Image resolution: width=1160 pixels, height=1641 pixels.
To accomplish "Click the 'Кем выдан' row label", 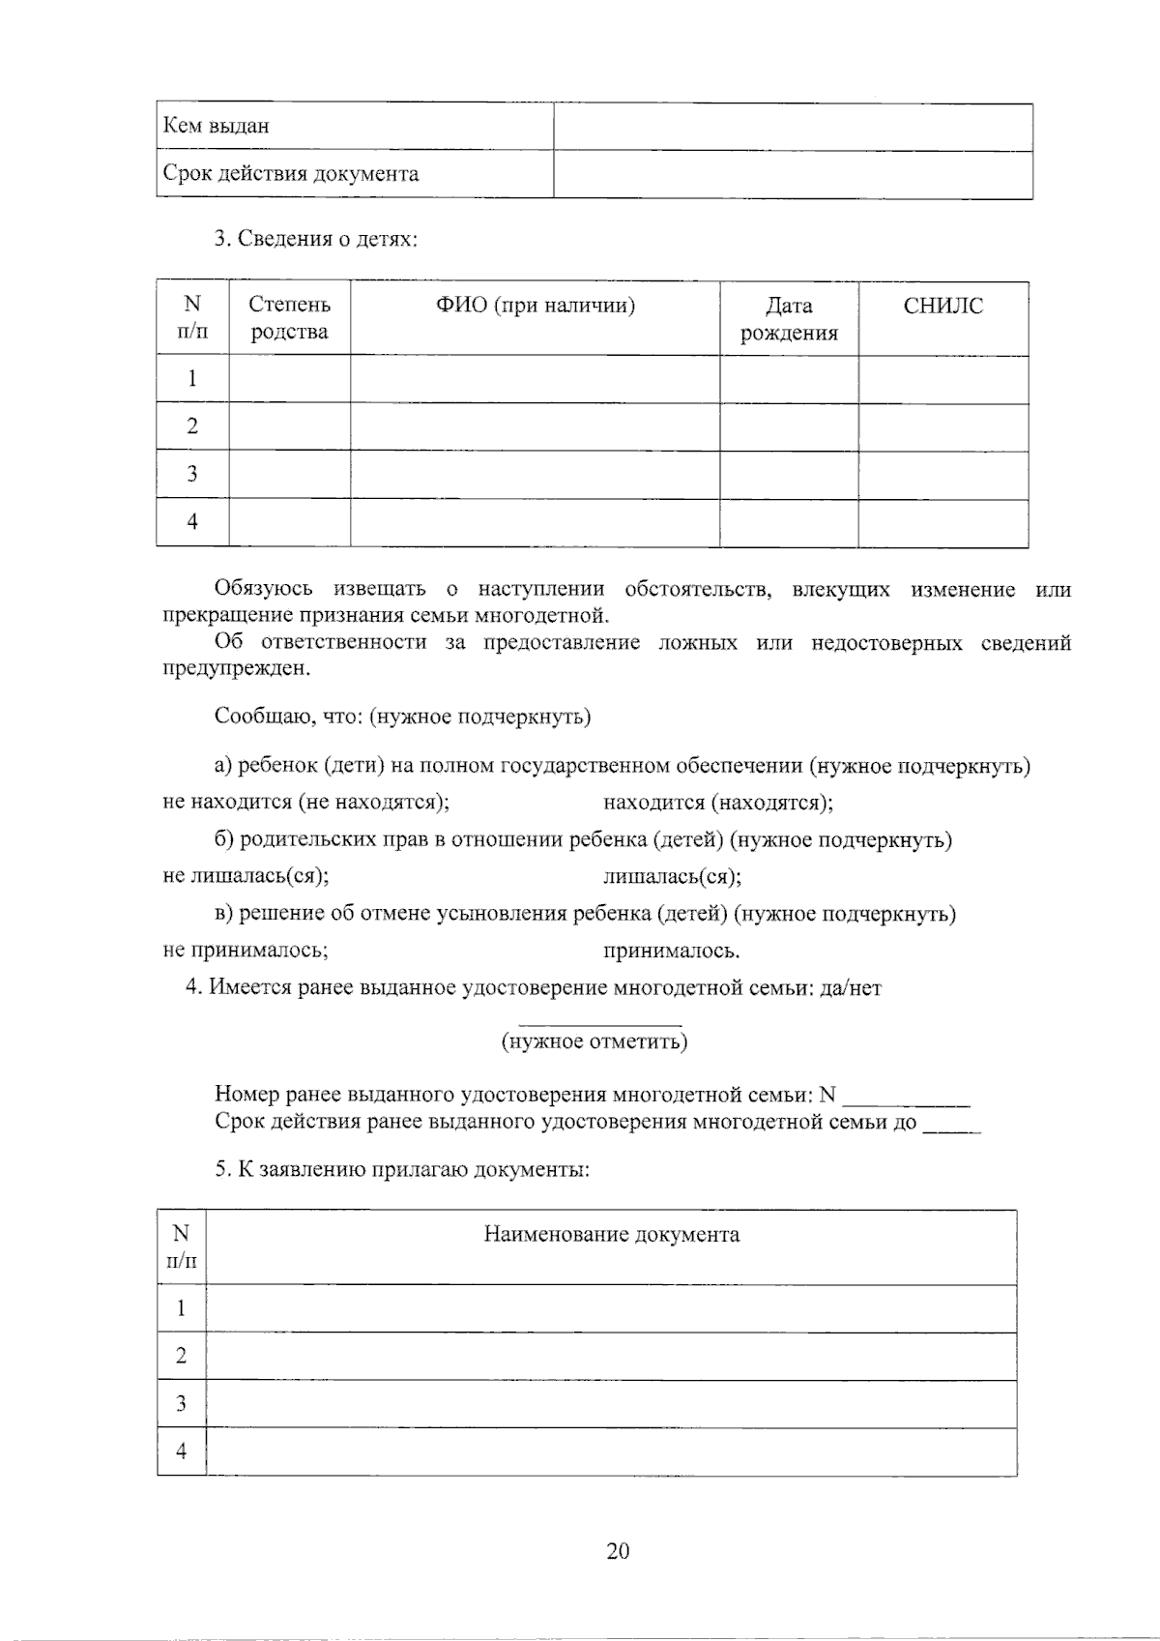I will click(x=216, y=126).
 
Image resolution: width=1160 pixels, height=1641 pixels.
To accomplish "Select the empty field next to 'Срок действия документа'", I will click(x=793, y=175).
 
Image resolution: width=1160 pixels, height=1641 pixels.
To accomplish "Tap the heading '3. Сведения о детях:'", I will click(x=316, y=239).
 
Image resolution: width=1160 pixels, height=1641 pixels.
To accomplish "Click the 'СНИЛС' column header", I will click(x=942, y=307).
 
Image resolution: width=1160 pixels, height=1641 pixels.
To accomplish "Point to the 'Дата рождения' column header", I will click(x=789, y=319).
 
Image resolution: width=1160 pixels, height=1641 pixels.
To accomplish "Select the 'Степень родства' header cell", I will click(x=289, y=318).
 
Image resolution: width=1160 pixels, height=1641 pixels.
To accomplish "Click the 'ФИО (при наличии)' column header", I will click(x=535, y=307).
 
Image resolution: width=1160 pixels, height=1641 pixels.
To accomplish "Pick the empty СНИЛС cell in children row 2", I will click(x=942, y=426).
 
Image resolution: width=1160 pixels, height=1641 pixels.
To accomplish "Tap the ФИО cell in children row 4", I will click(x=535, y=522).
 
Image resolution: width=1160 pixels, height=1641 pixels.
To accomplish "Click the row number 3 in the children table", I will click(x=192, y=474).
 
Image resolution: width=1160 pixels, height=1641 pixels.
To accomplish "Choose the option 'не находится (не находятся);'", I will click(x=305, y=803).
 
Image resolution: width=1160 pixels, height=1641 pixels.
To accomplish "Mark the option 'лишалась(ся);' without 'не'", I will click(x=672, y=877).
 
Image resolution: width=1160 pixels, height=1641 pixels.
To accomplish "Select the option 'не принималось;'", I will click(x=246, y=951).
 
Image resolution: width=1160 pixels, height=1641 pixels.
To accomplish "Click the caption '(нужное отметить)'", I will click(x=594, y=1041).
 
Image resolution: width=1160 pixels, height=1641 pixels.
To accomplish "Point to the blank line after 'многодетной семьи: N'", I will click(x=907, y=1097).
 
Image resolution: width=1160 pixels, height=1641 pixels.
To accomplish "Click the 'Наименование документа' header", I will click(x=611, y=1235).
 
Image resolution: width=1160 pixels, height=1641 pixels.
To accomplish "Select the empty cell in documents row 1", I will click(x=611, y=1308).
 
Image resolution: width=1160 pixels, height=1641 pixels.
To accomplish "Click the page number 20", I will click(x=618, y=1551).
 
